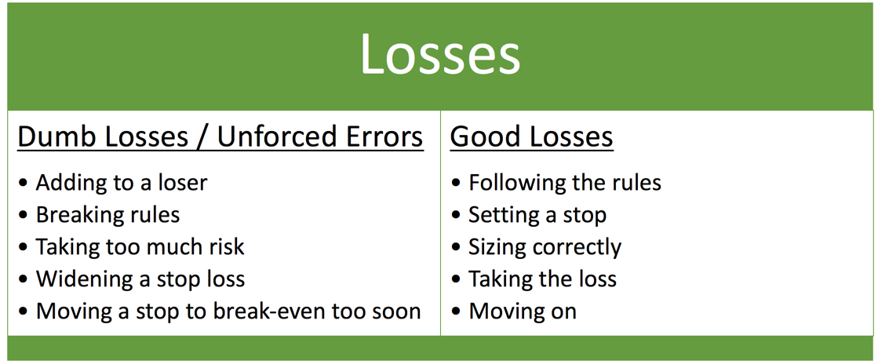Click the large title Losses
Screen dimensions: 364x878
[x=439, y=54]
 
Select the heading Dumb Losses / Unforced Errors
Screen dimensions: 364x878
[x=220, y=136]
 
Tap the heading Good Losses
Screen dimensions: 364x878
[x=531, y=136]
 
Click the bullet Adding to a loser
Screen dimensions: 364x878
[x=122, y=183]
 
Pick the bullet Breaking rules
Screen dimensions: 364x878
[x=107, y=215]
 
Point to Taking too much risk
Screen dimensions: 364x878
[x=140, y=247]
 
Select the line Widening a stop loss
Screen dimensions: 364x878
[x=140, y=279]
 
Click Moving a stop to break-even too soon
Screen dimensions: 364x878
[x=228, y=311]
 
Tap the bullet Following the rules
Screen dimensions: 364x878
[x=565, y=183]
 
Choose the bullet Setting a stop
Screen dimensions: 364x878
[x=537, y=215]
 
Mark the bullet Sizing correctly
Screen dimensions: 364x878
[x=545, y=247]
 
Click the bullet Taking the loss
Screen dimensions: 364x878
[x=542, y=279]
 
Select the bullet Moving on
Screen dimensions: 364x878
[x=523, y=311]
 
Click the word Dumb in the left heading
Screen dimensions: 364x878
[x=49, y=136]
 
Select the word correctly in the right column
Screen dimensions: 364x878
[x=574, y=248]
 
